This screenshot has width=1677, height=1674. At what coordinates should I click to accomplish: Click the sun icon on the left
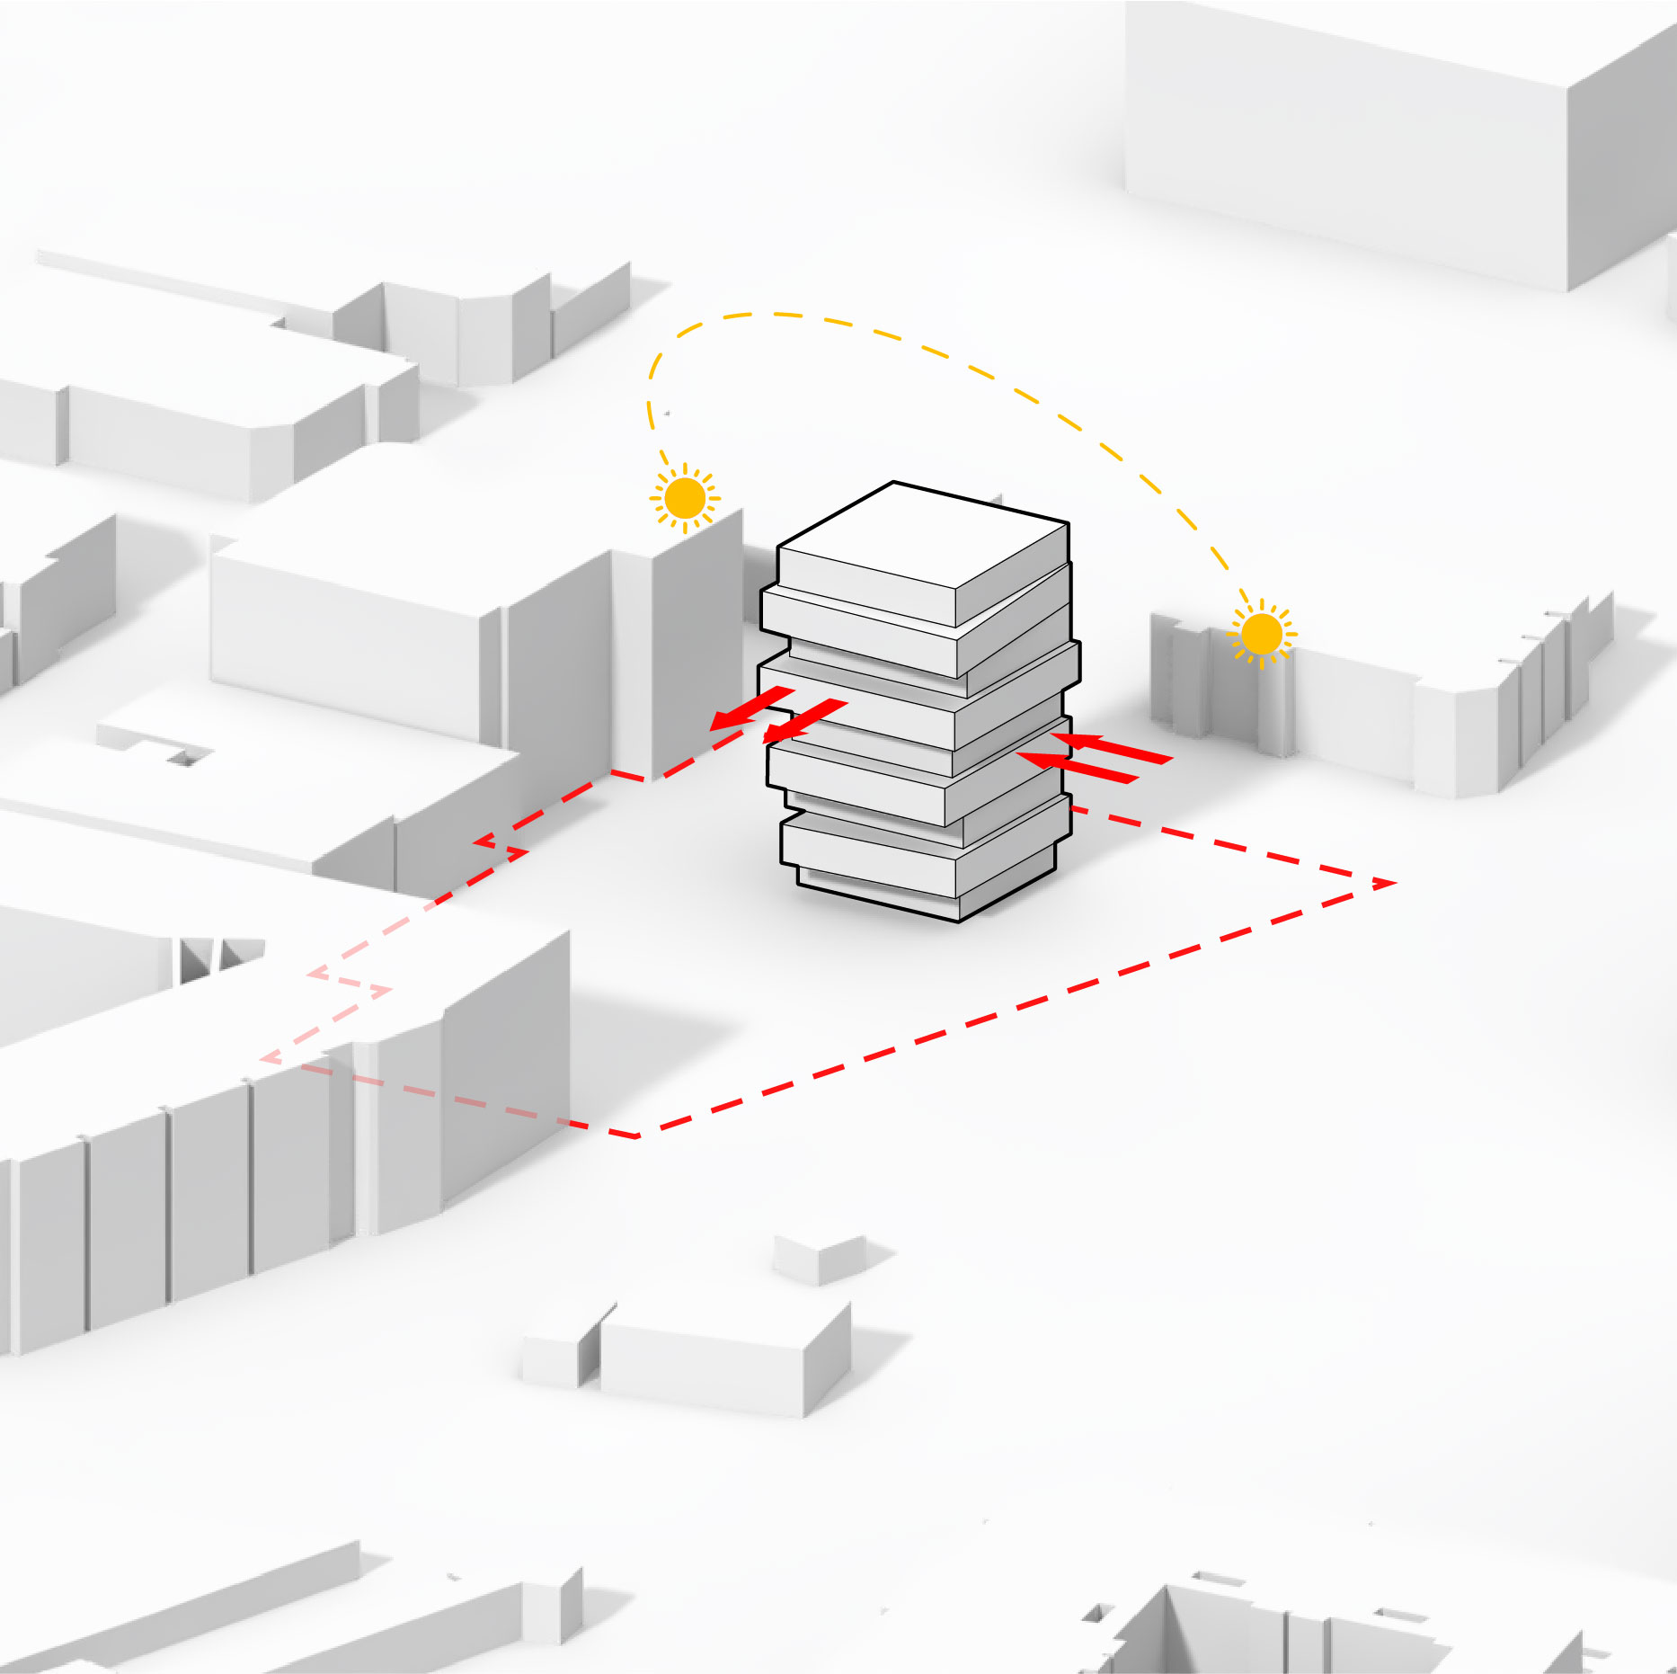(685, 498)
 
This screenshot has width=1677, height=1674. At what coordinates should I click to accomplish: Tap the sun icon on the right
(1261, 634)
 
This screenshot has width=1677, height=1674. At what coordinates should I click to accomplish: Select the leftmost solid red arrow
(750, 708)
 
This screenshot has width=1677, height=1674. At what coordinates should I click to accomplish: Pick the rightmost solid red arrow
(1114, 747)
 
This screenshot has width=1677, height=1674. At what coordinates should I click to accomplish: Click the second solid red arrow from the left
(804, 720)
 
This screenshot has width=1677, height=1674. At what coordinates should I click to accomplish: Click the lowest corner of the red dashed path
(636, 1136)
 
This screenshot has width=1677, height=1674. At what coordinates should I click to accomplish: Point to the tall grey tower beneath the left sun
(679, 647)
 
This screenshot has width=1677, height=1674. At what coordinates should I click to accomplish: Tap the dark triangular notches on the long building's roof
(220, 957)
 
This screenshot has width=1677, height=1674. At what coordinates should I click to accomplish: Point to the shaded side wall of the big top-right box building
(1618, 162)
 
